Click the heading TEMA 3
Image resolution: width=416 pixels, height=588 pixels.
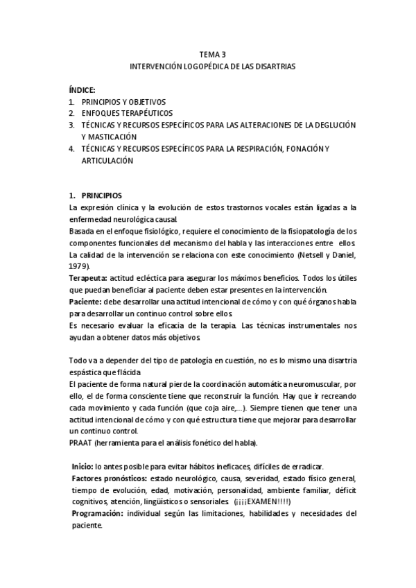click(212, 54)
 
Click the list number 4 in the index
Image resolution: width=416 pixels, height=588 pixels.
click(71, 148)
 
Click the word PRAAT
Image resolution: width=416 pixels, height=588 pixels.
click(80, 442)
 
